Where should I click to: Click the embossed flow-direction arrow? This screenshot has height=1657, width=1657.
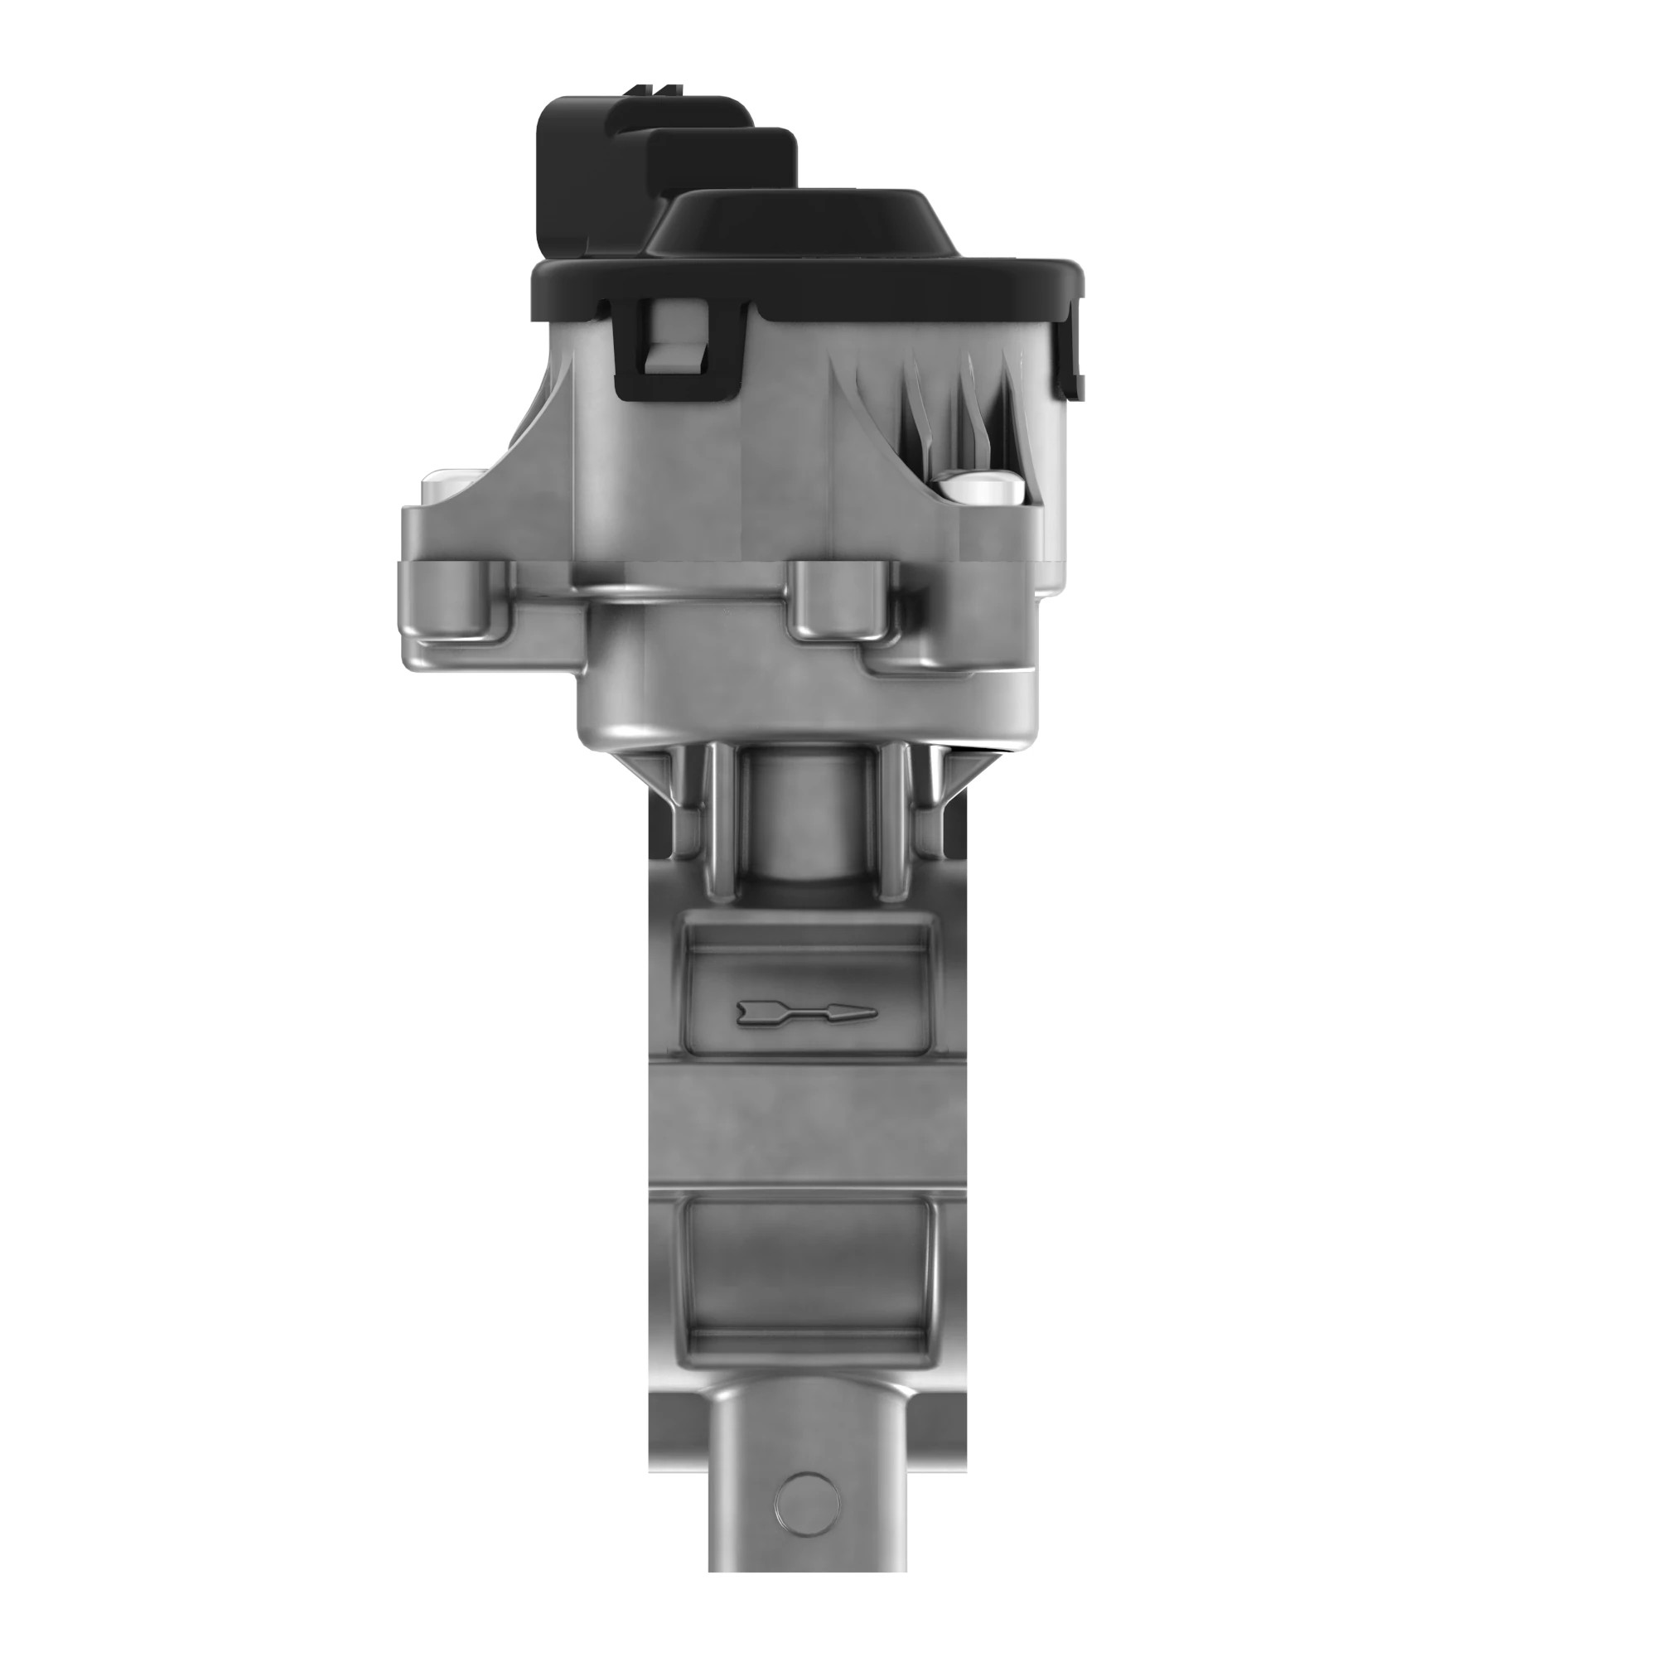click(x=806, y=1013)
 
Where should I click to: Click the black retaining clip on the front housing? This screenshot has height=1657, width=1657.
click(x=678, y=351)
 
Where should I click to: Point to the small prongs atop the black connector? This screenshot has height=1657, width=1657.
click(x=656, y=89)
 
